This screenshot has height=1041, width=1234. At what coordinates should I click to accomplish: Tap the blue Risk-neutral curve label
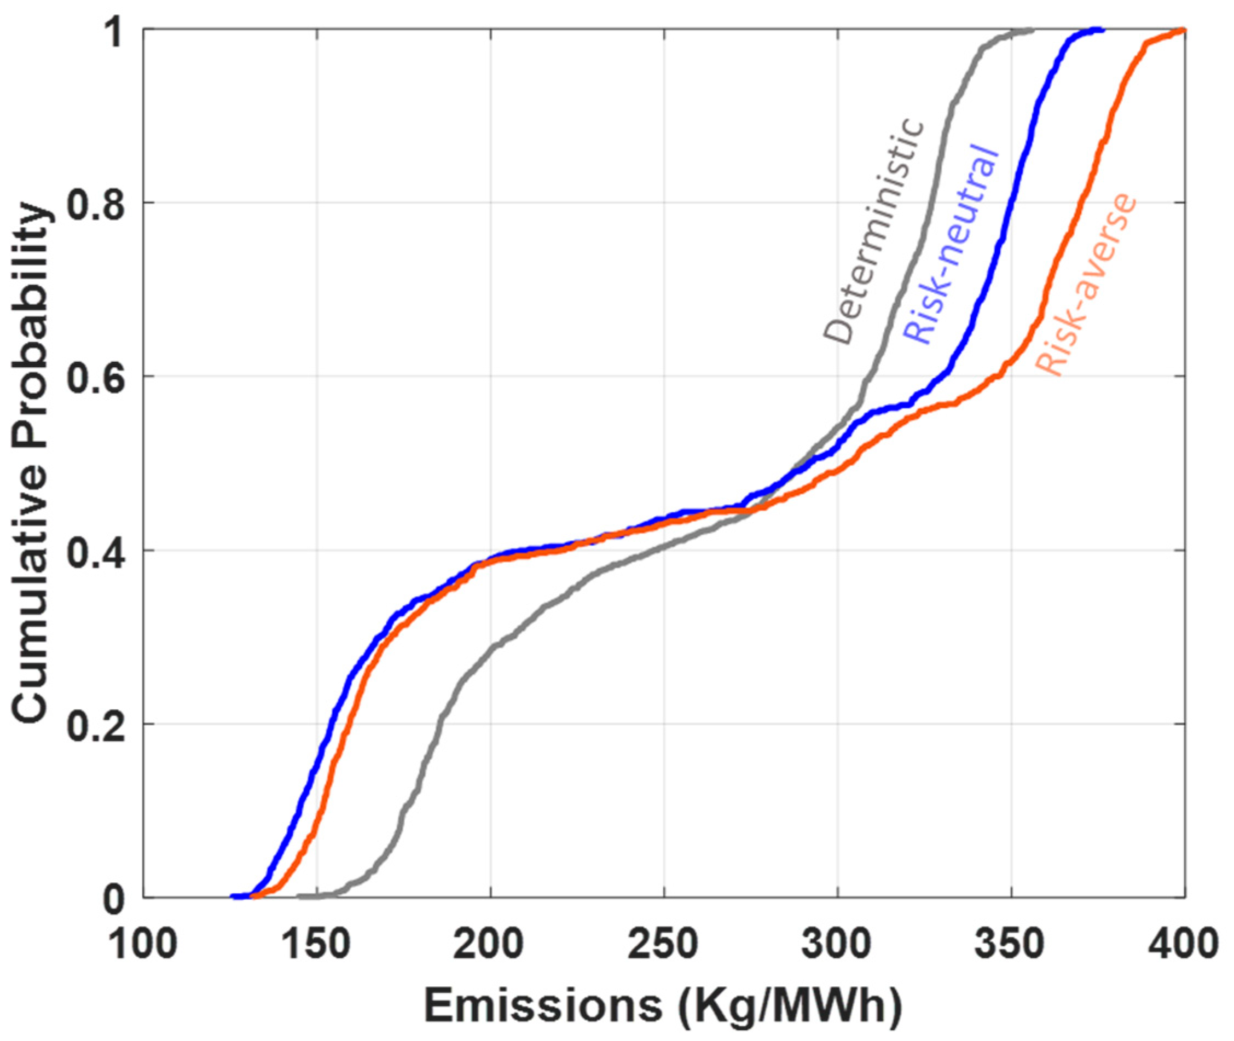pos(951,243)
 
